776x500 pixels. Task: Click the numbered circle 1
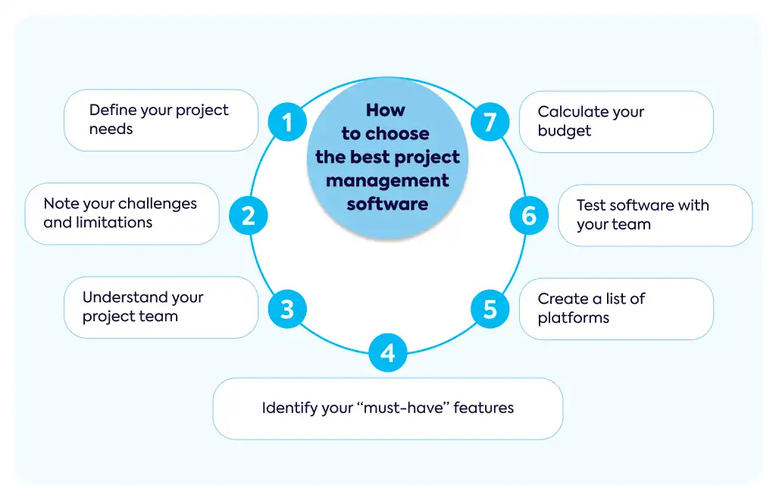coord(287,122)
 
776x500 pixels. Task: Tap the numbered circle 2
coord(248,216)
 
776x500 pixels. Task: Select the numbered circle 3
coord(287,309)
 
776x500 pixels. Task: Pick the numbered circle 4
coord(388,352)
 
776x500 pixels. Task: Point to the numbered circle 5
coord(490,309)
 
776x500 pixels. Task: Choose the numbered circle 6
coord(529,216)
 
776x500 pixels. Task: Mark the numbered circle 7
coord(490,122)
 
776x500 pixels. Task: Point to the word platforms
coord(573,318)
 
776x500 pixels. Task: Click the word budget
coord(564,130)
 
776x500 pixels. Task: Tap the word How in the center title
coord(386,110)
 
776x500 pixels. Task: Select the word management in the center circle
coord(387,181)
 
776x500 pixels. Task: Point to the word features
coord(483,408)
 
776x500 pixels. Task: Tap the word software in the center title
coord(387,204)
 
